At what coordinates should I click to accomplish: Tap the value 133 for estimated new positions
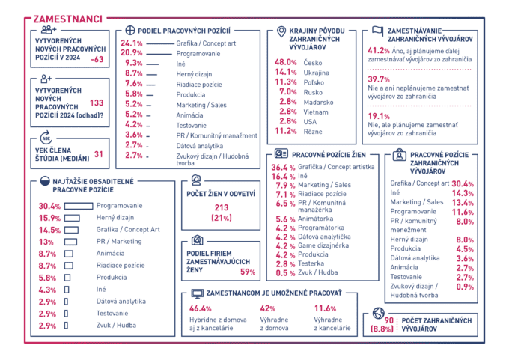click(96, 103)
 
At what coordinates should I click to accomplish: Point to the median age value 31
click(99, 155)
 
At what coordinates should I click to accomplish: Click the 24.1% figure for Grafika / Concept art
click(132, 43)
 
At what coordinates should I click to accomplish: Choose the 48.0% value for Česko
click(287, 62)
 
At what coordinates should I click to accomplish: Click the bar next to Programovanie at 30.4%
click(73, 206)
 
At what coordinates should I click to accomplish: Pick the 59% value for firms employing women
click(247, 272)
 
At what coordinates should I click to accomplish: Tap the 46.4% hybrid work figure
click(201, 308)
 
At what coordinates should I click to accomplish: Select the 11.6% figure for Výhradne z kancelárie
click(325, 308)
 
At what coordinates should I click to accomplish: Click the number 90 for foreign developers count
click(388, 320)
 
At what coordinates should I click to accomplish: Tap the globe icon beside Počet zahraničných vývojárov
click(378, 315)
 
